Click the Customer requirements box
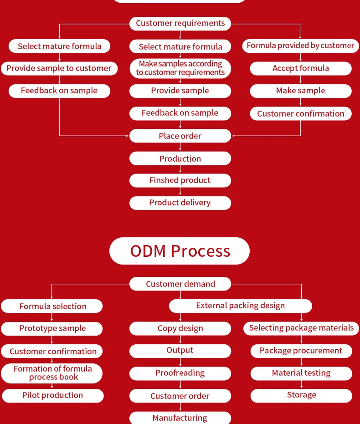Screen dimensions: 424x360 click(180, 23)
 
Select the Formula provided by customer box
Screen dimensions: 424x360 click(300, 46)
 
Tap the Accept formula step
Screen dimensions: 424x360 click(301, 68)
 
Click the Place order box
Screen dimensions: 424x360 click(180, 136)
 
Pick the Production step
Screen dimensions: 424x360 click(180, 158)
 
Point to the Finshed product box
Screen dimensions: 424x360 click(180, 180)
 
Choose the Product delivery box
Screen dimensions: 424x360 click(180, 203)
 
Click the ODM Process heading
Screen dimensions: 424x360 click(180, 251)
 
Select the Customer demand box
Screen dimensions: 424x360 click(180, 284)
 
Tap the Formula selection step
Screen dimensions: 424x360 click(52, 306)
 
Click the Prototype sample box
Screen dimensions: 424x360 click(52, 328)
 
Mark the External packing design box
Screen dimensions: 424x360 click(240, 306)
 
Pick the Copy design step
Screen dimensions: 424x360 click(180, 328)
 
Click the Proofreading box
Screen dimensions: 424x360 click(180, 373)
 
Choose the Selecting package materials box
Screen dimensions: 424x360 click(301, 328)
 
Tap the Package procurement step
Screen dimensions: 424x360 click(301, 351)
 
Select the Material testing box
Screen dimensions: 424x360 click(301, 373)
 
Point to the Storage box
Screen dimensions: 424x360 click(301, 395)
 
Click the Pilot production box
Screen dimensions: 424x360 click(52, 395)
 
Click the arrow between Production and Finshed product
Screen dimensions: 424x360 click(180, 169)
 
